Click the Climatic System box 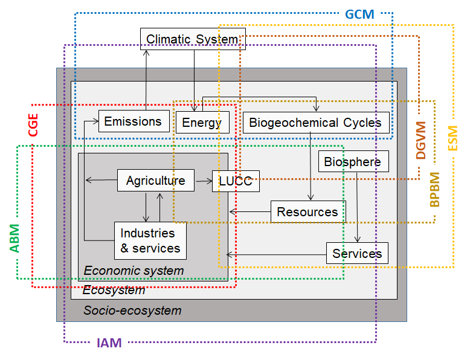[x=192, y=39]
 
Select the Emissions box [x=133, y=121]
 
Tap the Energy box [x=202, y=123]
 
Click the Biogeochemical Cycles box [x=315, y=123]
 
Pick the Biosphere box [x=352, y=162]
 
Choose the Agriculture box [x=155, y=181]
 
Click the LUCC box [x=236, y=181]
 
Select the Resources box [x=307, y=212]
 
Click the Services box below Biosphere [x=356, y=254]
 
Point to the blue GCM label [x=360, y=13]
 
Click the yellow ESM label [x=452, y=138]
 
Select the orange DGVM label [x=422, y=140]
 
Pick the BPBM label [x=434, y=190]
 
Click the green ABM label [x=14, y=237]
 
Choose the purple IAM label [x=109, y=344]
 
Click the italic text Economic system [x=134, y=271]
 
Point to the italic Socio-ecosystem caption [x=132, y=310]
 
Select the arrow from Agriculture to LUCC [x=203, y=181]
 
